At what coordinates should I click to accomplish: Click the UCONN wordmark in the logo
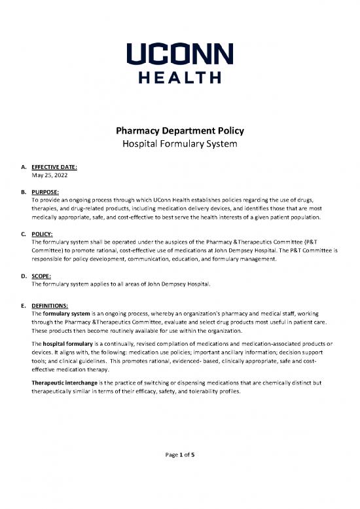tap(179, 52)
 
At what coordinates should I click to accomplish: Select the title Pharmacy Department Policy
tap(179, 130)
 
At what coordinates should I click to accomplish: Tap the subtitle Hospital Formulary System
tap(179, 143)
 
